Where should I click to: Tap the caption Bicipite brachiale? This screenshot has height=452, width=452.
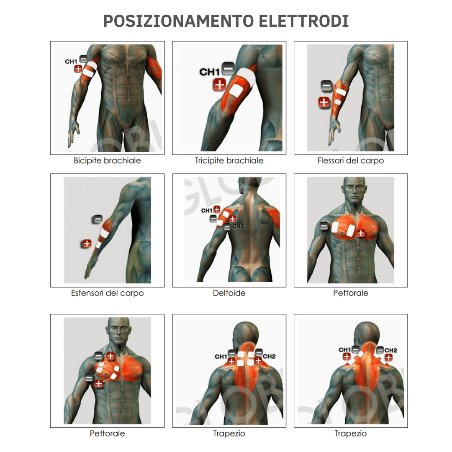coord(107,161)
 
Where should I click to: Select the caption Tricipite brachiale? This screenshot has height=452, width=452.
coord(229,161)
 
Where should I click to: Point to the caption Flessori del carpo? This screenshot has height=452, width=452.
coord(351,161)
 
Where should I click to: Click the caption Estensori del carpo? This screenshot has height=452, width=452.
coord(107,293)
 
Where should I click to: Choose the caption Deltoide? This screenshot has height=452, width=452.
coord(229,293)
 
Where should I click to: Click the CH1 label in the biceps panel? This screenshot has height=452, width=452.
coord(71,62)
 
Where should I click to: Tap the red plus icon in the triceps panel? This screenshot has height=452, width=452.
coord(219,85)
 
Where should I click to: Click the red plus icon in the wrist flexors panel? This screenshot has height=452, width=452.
coord(324,101)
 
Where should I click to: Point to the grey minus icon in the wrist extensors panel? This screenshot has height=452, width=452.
coord(97,219)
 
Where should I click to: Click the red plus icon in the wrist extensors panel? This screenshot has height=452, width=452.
coord(87,243)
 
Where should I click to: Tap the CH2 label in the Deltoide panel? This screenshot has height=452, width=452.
coord(238,226)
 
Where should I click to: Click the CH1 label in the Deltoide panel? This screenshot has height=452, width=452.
coord(207,211)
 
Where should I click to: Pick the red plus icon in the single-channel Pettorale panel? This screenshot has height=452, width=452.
coord(361,233)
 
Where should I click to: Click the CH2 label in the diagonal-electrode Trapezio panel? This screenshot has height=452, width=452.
coord(391,350)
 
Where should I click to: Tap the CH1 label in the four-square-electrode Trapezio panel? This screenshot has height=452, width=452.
coord(221,357)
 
